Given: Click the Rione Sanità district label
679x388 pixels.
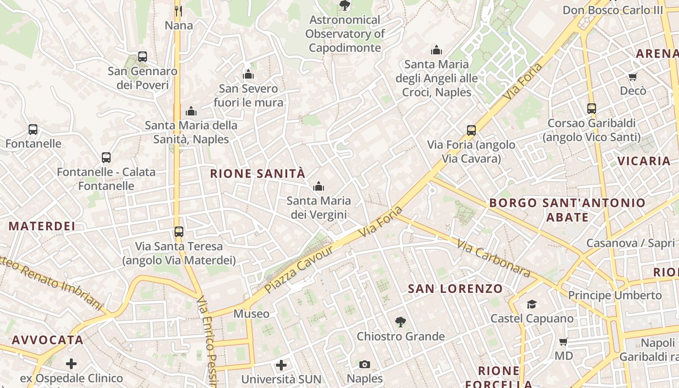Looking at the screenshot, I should click(x=258, y=174).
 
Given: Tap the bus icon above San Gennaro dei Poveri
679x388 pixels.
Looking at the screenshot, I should click(x=143, y=57).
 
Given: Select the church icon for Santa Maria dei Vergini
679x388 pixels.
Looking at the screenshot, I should click(x=319, y=186).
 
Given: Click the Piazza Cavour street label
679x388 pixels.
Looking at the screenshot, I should click(x=299, y=269).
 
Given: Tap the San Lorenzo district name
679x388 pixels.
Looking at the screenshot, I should click(x=455, y=289).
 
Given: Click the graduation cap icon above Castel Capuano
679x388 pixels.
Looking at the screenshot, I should click(x=532, y=304).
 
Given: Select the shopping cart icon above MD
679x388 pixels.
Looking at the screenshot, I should click(x=564, y=341).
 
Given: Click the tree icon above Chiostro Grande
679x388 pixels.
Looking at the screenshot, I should click(x=400, y=322).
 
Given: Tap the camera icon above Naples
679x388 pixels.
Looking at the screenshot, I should click(x=365, y=364).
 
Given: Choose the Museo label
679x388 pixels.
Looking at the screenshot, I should click(x=251, y=314).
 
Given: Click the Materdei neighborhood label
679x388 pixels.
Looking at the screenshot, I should click(x=42, y=226).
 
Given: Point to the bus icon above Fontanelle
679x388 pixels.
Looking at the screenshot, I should click(x=33, y=129).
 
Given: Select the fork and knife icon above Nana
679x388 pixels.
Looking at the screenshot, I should click(x=178, y=11).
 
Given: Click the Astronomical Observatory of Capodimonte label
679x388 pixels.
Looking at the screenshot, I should click(x=345, y=34).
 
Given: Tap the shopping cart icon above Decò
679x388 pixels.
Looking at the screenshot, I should click(x=633, y=77).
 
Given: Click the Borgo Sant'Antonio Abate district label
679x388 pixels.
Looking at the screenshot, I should click(x=567, y=210).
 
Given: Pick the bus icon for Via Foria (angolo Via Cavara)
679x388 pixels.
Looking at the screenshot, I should click(x=471, y=130).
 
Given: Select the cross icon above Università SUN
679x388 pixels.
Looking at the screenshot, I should click(x=281, y=365).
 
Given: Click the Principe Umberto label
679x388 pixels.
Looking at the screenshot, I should click(x=614, y=295).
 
